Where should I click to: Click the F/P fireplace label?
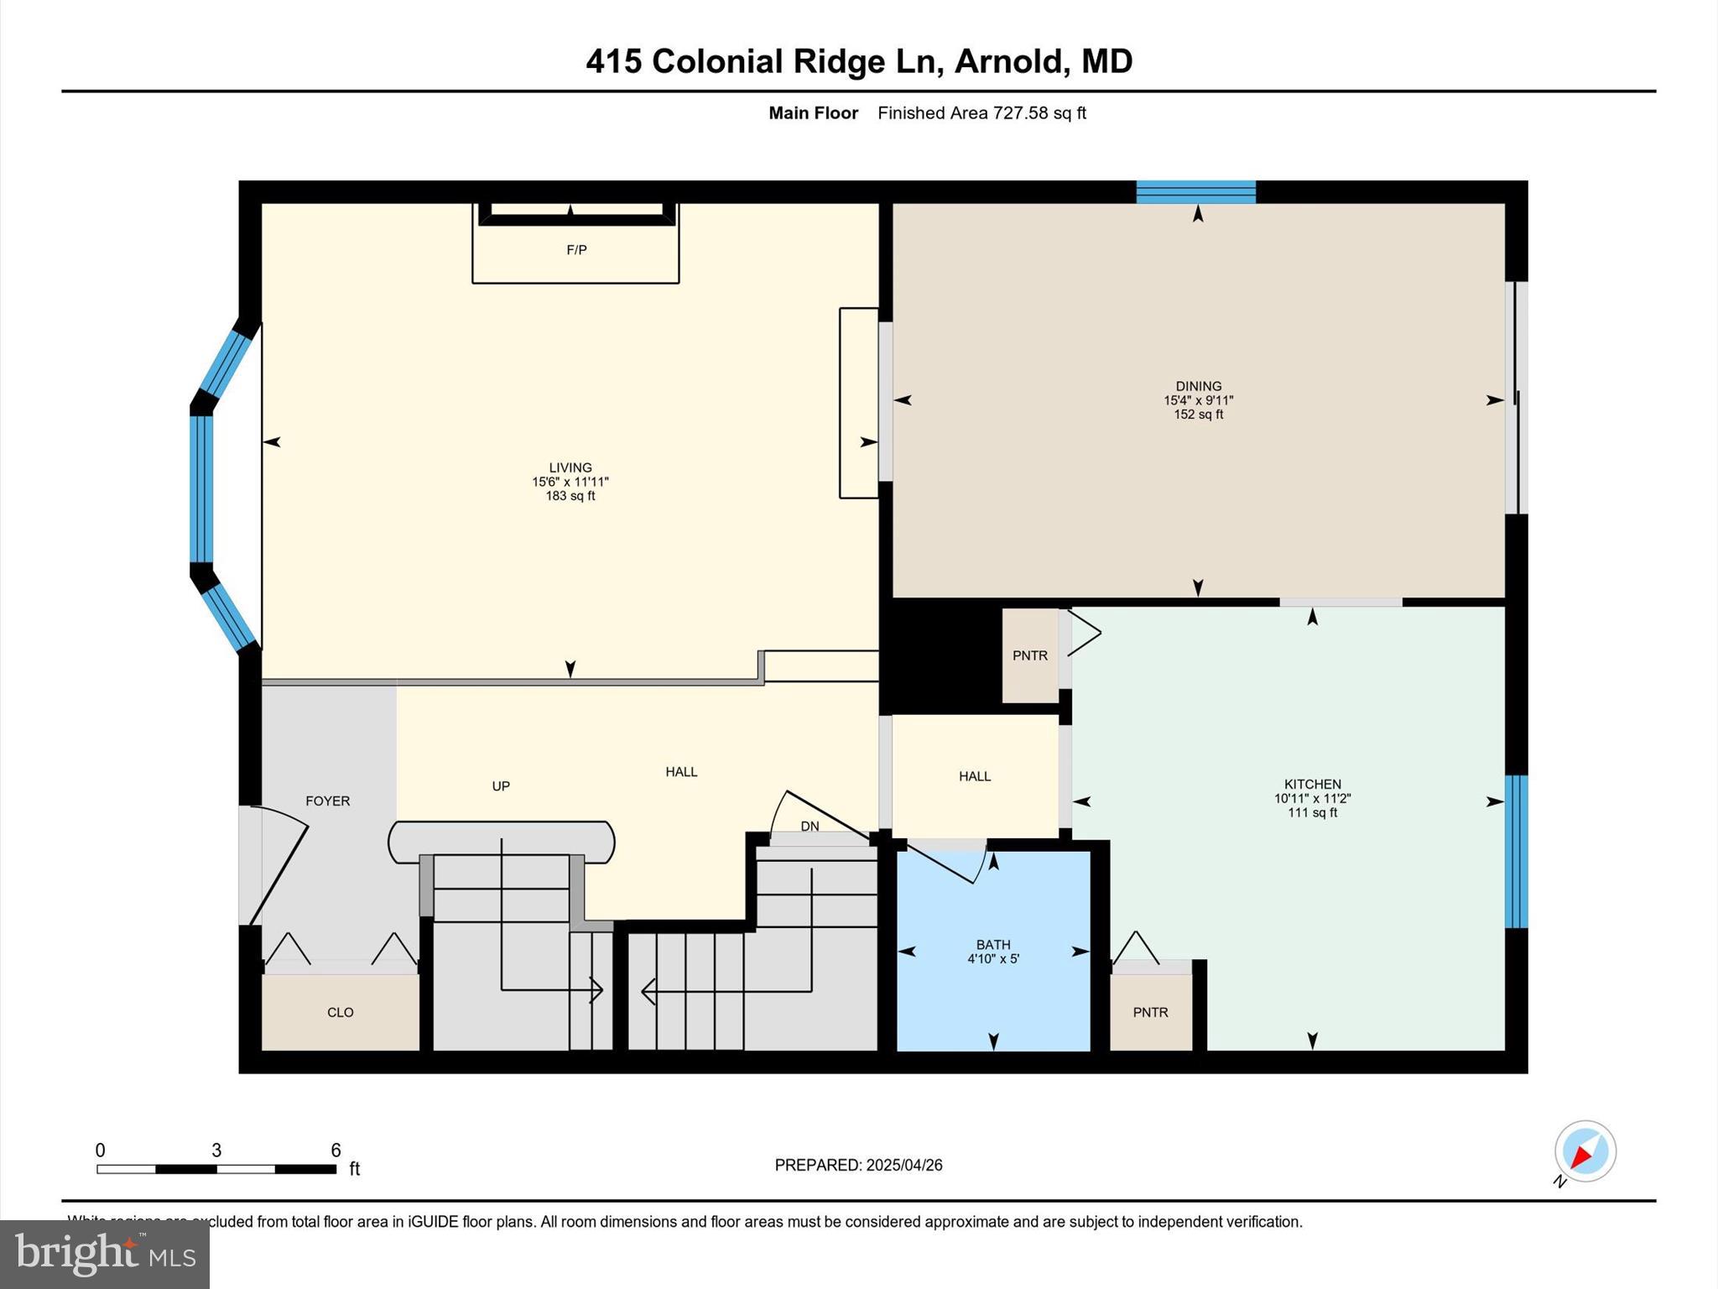click(576, 250)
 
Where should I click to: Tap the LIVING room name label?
click(570, 467)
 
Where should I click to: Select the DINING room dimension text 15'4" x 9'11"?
click(1198, 401)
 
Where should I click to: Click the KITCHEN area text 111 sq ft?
click(1312, 813)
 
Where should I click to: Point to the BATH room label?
click(993, 945)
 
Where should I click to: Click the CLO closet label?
click(340, 1013)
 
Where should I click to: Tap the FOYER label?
click(327, 801)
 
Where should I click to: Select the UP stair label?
click(501, 786)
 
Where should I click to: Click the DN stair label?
click(810, 827)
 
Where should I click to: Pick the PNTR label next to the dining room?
click(1030, 656)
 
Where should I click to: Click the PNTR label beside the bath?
click(1150, 1013)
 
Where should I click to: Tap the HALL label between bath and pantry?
click(975, 777)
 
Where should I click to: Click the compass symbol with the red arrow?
click(1585, 1151)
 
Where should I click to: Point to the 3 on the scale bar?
click(216, 1151)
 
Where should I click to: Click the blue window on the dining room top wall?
click(1195, 192)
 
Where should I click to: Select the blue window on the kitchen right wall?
click(1516, 852)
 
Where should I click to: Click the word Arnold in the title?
click(1009, 61)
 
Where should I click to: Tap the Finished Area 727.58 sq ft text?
click(981, 113)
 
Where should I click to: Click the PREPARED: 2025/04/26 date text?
click(858, 1165)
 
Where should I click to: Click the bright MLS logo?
click(105, 1254)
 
